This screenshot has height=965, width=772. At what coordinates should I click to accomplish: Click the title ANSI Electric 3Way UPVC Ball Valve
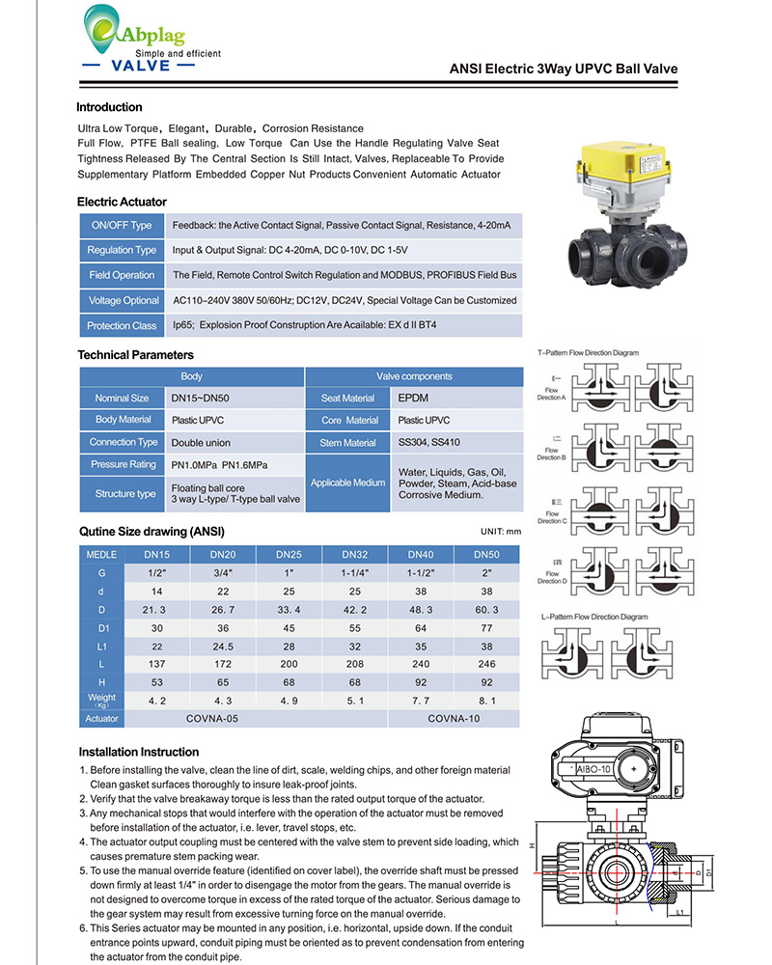click(x=564, y=69)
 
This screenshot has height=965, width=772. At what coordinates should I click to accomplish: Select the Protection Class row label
click(x=122, y=325)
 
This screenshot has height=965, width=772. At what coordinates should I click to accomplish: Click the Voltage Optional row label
click(x=122, y=300)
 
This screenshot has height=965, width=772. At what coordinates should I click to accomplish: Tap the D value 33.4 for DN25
click(x=289, y=609)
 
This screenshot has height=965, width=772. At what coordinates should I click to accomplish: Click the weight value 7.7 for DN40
click(x=420, y=701)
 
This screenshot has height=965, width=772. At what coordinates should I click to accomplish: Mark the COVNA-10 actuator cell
click(x=453, y=719)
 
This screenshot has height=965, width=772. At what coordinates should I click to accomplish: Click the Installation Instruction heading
click(x=139, y=752)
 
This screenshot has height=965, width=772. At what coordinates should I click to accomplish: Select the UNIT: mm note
click(x=500, y=532)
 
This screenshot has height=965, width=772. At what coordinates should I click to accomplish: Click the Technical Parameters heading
click(x=135, y=354)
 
